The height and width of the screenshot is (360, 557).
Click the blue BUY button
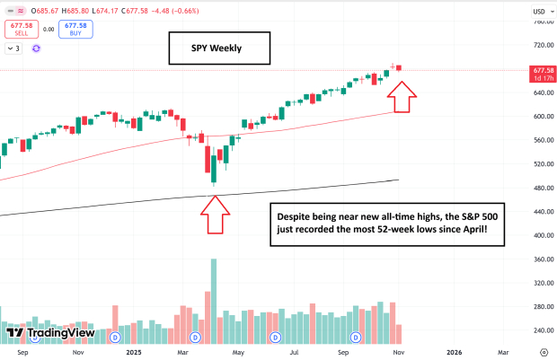(75, 29)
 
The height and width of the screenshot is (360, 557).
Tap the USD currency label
(539, 12)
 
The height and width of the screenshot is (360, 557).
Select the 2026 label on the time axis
(455, 353)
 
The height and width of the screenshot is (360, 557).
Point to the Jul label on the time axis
(295, 353)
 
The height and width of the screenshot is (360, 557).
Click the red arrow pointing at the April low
(217, 215)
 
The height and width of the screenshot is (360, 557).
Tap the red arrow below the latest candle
(403, 96)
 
